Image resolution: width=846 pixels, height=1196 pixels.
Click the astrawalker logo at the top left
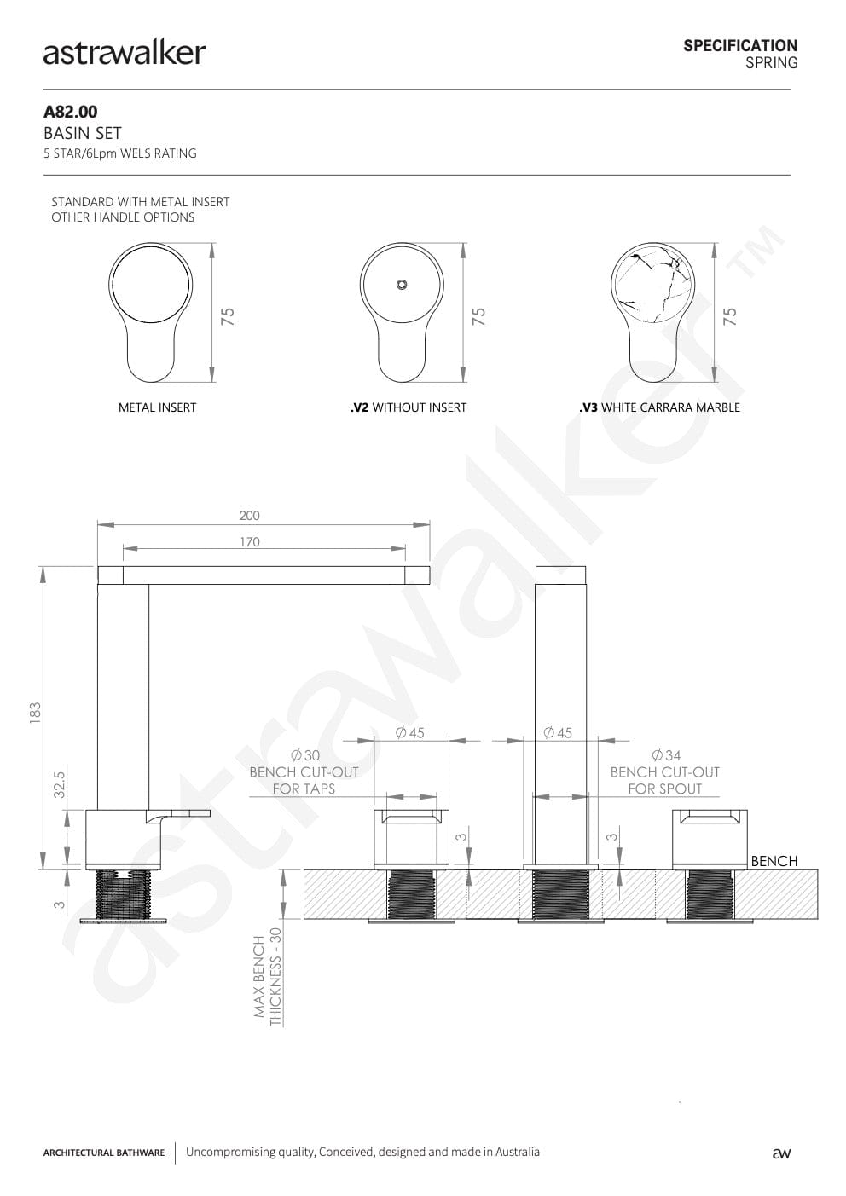125,54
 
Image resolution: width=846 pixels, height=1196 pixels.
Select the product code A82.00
71,112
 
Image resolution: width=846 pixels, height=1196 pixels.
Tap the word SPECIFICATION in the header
740,46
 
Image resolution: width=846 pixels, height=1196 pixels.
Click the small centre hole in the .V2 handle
402,285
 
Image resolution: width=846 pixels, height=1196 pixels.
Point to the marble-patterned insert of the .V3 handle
652,285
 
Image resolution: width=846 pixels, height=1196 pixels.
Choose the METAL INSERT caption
158,407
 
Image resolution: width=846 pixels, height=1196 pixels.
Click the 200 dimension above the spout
249,515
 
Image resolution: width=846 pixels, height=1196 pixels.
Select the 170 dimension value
249,542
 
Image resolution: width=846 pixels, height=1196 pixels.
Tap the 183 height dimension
35,713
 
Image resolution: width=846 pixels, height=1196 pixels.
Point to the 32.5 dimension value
60,784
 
